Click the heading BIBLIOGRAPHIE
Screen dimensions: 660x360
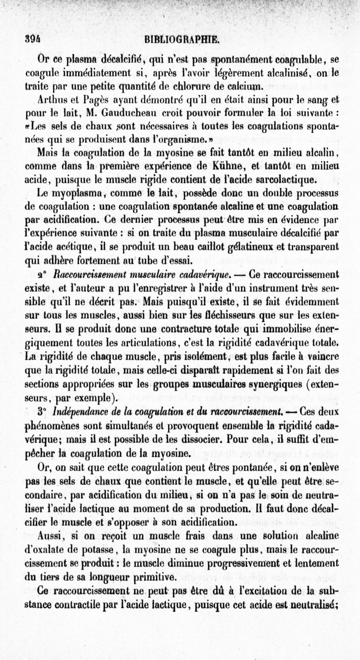click(181, 40)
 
